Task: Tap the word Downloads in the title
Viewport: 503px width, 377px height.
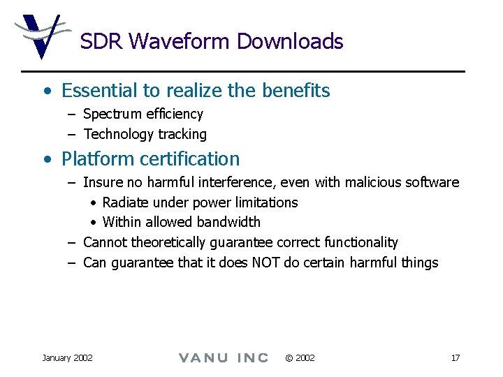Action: [x=290, y=41]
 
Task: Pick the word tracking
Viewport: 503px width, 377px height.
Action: [x=182, y=134]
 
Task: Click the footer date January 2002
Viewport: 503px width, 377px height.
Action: [x=67, y=358]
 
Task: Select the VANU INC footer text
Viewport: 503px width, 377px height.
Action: [x=224, y=358]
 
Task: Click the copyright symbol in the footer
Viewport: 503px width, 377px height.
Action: [x=289, y=358]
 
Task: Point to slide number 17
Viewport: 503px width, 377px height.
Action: [x=455, y=358]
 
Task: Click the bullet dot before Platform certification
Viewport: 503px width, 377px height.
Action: [x=46, y=160]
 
